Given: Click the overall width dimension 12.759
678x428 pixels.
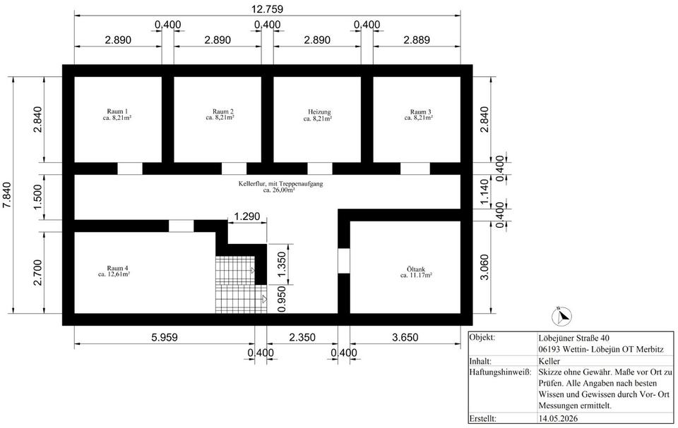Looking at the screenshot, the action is coord(268,9).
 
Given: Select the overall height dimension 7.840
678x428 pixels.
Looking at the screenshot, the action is coord(7,195).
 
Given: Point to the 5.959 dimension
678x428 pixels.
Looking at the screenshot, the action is coord(165,337).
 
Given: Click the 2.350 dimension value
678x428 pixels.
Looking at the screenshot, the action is coord(302,337).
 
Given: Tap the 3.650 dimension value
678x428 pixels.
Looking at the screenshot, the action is coord(405,337).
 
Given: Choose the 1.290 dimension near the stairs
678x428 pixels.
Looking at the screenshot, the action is coord(247,216).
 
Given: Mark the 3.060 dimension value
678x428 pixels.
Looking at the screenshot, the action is coord(484,267).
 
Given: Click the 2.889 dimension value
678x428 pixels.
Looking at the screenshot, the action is coord(417,39).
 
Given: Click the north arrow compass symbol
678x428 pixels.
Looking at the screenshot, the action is coord(561,317).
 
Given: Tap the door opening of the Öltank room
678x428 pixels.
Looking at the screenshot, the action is coord(344,261).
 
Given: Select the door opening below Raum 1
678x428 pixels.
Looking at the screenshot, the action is coord(130,169).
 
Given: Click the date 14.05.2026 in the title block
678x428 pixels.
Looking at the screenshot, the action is coord(558,418).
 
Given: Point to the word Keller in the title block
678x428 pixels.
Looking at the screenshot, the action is coord(549,361).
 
